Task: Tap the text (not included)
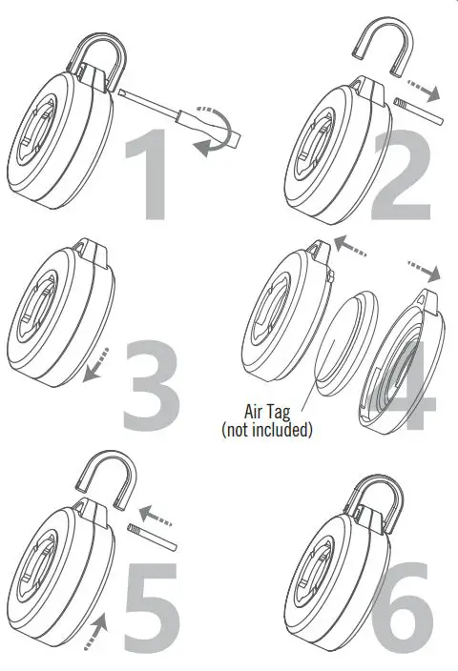267,430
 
